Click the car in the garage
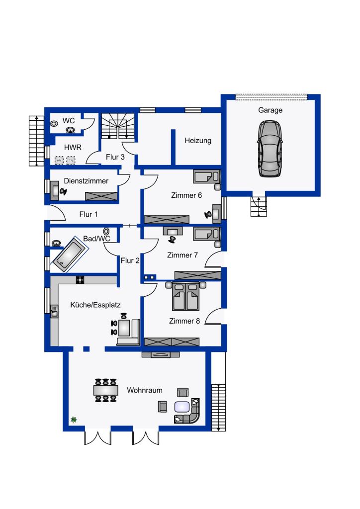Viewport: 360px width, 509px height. [270, 149]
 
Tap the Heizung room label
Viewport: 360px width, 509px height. [198, 141]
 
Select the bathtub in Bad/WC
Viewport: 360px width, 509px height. [71, 254]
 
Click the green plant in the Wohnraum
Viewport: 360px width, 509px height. [74, 420]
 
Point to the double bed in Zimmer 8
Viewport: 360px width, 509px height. [186, 296]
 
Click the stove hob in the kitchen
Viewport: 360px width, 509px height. [80, 279]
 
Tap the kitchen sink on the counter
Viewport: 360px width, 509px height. [54, 311]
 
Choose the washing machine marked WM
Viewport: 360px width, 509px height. [59, 161]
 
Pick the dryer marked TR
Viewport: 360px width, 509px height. [71, 161]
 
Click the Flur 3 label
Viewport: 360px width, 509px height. [115, 157]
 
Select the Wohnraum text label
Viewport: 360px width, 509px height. [145, 390]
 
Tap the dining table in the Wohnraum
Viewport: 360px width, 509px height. [105, 390]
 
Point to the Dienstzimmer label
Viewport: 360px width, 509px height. [86, 181]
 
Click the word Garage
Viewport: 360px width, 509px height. [270, 110]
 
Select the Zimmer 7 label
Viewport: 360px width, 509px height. [182, 255]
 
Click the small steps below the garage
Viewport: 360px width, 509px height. [259, 206]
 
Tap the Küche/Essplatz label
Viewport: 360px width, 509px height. [95, 305]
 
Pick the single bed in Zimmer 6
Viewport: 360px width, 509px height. [206, 176]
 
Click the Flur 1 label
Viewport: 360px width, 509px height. [89, 214]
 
